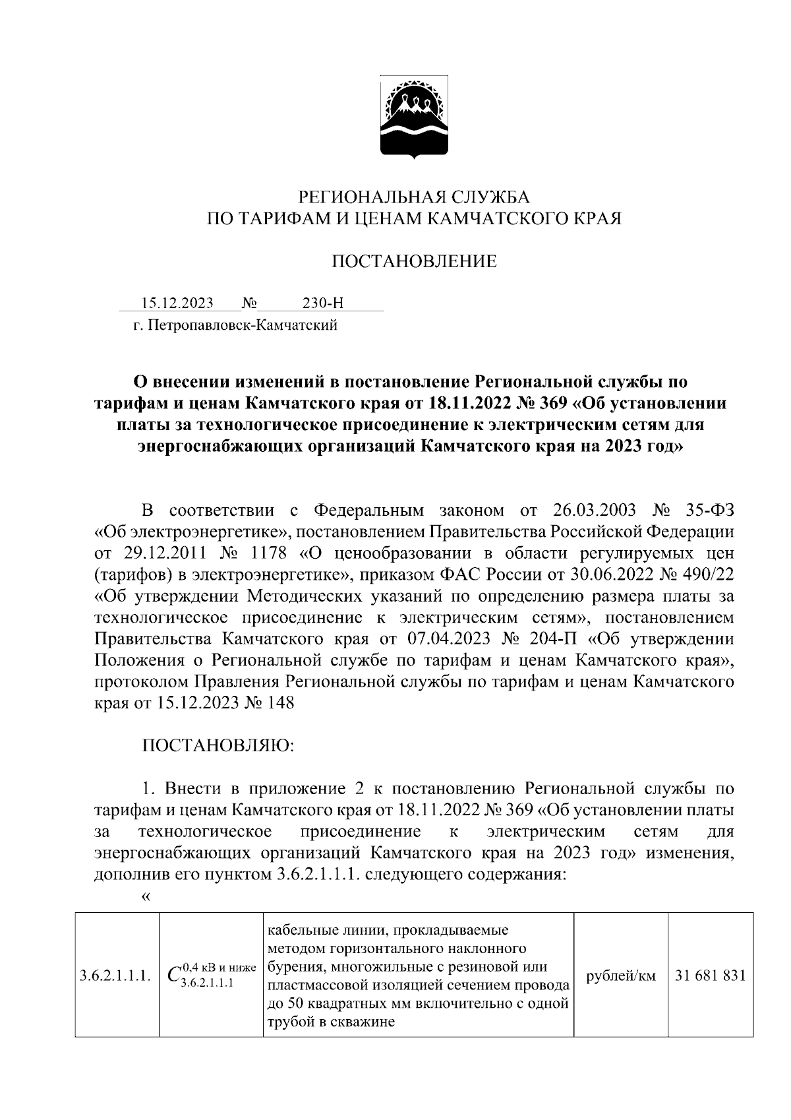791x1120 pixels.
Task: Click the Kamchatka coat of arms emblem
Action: [x=414, y=119]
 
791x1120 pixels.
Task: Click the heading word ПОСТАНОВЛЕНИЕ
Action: [x=414, y=262]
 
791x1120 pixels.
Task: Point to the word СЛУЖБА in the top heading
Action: [x=489, y=197]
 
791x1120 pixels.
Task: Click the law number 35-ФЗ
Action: [x=704, y=511]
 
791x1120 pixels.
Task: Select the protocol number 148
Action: [x=279, y=704]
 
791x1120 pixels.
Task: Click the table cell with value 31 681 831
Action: [x=710, y=976]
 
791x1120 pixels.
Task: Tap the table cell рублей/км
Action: [x=620, y=976]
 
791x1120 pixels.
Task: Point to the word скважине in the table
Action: [x=364, y=1023]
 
